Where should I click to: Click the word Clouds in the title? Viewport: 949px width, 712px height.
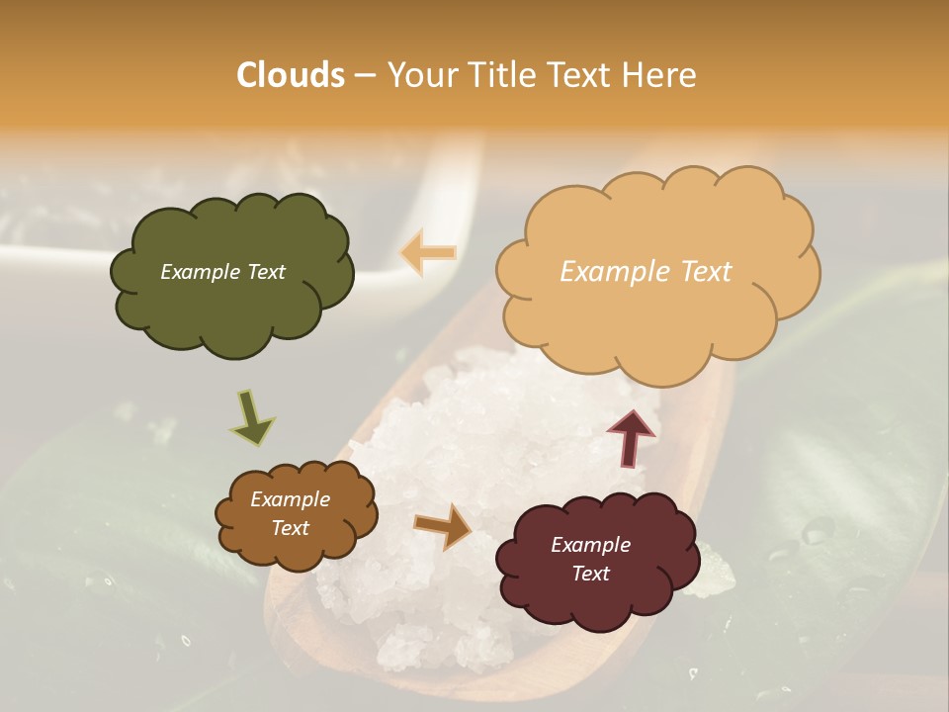click(291, 75)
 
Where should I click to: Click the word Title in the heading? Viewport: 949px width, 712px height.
click(498, 75)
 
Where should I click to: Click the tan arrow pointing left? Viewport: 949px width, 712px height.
click(428, 252)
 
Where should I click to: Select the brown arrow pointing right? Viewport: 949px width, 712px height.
click(443, 526)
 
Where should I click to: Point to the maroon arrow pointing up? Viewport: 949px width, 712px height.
click(630, 437)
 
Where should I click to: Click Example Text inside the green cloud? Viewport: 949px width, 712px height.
click(222, 272)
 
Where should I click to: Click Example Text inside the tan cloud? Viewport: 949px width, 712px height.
click(646, 272)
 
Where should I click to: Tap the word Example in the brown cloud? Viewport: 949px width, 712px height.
click(290, 499)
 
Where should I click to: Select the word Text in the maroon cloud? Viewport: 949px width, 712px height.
click(590, 574)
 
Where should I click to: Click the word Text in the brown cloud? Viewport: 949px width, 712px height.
click(290, 528)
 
